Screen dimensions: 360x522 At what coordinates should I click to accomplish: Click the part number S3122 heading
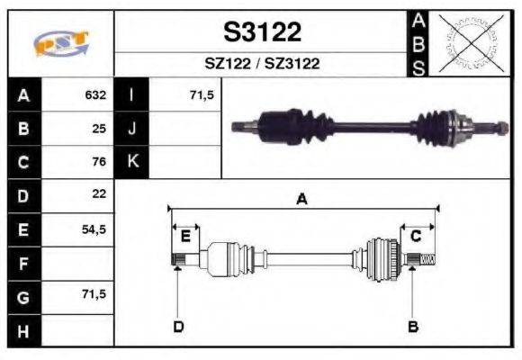[262, 33]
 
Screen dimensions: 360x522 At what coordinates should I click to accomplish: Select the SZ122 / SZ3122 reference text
[262, 64]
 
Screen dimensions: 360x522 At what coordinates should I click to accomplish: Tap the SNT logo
[61, 43]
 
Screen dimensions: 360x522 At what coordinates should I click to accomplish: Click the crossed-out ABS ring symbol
[467, 42]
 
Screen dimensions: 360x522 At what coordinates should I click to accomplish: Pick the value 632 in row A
[95, 94]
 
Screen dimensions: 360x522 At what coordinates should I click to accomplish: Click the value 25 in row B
[99, 128]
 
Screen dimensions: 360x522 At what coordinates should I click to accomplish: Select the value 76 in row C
[99, 162]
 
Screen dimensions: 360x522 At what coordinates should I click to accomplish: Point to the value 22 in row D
[99, 194]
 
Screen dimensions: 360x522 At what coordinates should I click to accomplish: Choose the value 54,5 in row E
[94, 229]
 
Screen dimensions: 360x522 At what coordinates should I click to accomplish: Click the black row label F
[23, 264]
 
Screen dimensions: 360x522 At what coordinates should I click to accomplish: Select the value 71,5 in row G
[94, 296]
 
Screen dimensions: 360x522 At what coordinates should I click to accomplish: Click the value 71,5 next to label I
[202, 94]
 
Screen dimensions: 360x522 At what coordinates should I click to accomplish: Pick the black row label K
[132, 162]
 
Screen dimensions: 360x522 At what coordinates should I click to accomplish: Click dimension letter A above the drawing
[302, 201]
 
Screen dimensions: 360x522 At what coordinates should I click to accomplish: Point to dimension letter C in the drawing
[416, 237]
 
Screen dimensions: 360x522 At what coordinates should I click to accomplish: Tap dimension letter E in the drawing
[185, 237]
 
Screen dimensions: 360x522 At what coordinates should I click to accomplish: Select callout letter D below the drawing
[178, 326]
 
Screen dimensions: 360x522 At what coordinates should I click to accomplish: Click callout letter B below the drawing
[413, 326]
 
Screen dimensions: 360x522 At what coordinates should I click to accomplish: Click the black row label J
[132, 128]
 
